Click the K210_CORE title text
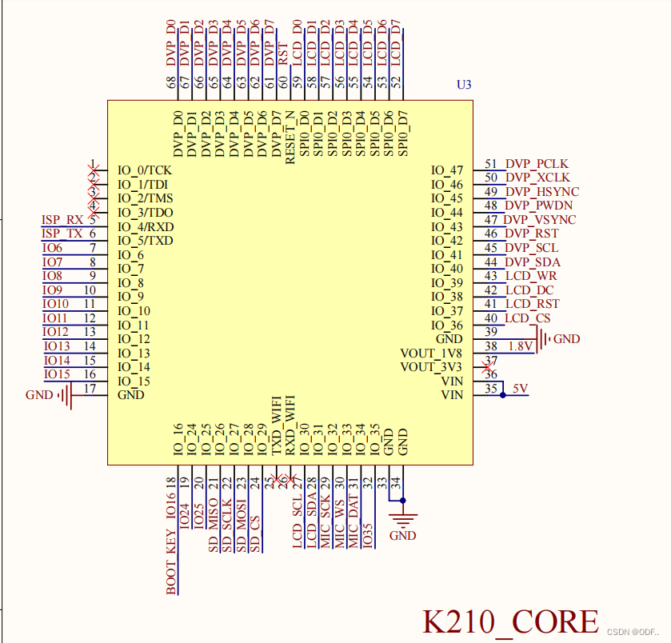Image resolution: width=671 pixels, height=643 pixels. pyautogui.click(x=510, y=621)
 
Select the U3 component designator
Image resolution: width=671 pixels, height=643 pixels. pyautogui.click(x=464, y=85)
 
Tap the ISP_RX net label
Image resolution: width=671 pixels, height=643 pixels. pyautogui.click(x=62, y=220)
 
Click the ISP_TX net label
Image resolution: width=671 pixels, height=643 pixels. pyautogui.click(x=62, y=234)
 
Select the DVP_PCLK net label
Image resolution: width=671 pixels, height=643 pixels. pyautogui.click(x=537, y=164)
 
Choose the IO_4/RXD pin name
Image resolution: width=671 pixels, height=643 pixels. pyautogui.click(x=145, y=227)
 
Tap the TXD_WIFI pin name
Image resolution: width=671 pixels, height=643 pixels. pyautogui.click(x=277, y=425)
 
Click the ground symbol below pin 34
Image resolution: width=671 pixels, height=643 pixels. pyautogui.click(x=402, y=519)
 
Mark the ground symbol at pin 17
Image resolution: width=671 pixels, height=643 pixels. pyautogui.click(x=66, y=395)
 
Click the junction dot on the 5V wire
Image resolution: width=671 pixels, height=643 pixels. pyautogui.click(x=502, y=395)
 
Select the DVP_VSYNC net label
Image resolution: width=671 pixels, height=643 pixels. pyautogui.click(x=540, y=220)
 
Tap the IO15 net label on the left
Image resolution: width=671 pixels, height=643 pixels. pyautogui.click(x=57, y=374)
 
